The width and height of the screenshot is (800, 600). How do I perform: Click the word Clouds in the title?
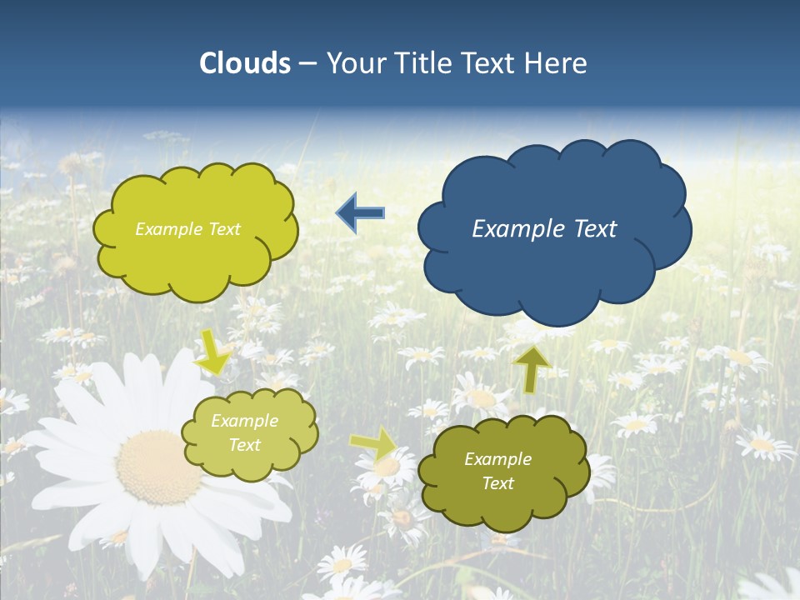[x=245, y=63]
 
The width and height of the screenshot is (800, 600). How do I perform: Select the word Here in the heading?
[x=557, y=63]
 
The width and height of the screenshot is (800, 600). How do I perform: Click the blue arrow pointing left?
[x=360, y=213]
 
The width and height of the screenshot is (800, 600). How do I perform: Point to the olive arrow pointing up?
[x=531, y=369]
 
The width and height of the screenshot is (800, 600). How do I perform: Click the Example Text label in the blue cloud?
[x=544, y=229]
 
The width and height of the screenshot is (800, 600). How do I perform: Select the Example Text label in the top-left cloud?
[x=187, y=229]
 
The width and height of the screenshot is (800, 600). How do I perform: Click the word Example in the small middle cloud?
[x=244, y=421]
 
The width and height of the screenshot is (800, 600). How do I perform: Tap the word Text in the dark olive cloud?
[x=497, y=483]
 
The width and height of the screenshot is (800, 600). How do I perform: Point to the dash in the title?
[x=307, y=63]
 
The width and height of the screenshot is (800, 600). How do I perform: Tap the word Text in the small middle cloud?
[x=244, y=445]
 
